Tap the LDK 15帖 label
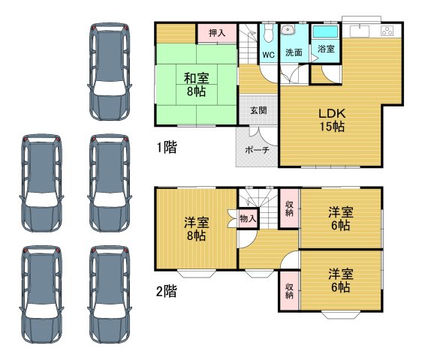coord(330,120)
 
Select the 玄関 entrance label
coord(258,110)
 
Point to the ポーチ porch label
coord(257,149)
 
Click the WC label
coord(268,55)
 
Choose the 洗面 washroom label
coord(294,53)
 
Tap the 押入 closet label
coord(217,33)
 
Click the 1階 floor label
coord(167,148)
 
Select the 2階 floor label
coord(167,291)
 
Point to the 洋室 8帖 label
coord(197,228)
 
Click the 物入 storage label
coord(248,219)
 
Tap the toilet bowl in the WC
coord(268,34)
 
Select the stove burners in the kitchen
coord(387,31)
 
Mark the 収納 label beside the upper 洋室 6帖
coord(289,208)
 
